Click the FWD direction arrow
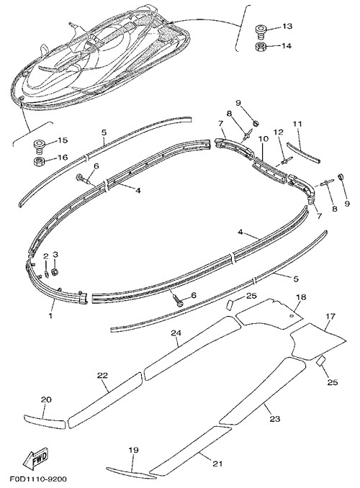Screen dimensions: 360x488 coord(36,459)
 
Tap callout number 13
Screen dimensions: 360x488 coord(287,26)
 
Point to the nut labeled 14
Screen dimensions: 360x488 coord(260,47)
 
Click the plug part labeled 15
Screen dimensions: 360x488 coord(39,146)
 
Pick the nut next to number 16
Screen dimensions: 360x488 coord(39,161)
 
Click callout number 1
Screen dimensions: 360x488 coord(50,315)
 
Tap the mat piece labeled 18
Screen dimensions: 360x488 coord(269,313)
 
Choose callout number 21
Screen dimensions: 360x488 coord(217,464)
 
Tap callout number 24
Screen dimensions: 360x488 coord(176,333)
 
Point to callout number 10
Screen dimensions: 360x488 coord(264,139)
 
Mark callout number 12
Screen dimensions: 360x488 coord(279,132)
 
